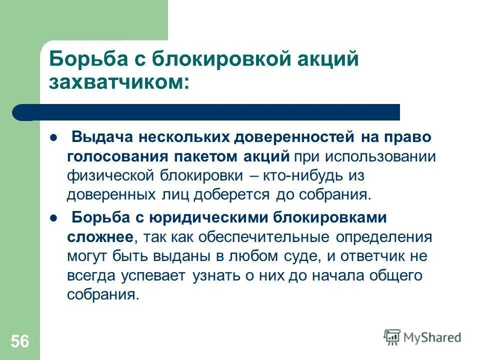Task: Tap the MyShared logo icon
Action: pyautogui.click(x=392, y=337)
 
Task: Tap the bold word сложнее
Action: pyautogui.click(x=100, y=237)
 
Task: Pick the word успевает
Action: pyautogui.click(x=154, y=275)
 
